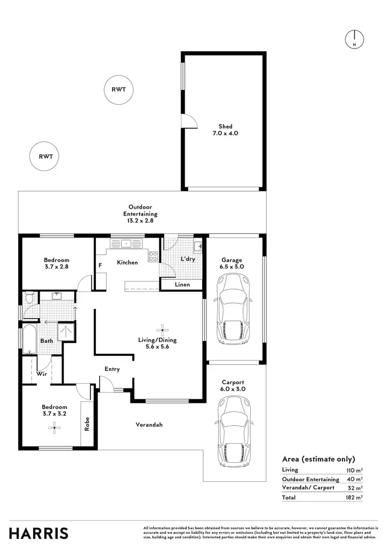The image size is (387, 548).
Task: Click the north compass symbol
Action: tap(354, 39)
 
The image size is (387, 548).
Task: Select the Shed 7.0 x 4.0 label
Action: tap(225, 130)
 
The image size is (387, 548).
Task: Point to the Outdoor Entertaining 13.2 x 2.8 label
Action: tap(140, 213)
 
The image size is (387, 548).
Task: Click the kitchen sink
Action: tap(126, 243)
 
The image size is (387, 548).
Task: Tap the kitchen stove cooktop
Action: tap(153, 256)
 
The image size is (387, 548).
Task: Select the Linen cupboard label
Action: tap(182, 285)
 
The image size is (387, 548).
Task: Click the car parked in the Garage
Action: tap(233, 311)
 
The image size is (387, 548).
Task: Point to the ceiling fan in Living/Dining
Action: tap(163, 329)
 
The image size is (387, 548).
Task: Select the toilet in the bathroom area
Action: tap(30, 298)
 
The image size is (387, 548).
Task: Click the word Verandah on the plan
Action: tap(149, 425)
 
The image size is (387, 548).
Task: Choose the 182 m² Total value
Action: tap(354, 497)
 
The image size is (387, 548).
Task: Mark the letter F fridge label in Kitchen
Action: tap(100, 266)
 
